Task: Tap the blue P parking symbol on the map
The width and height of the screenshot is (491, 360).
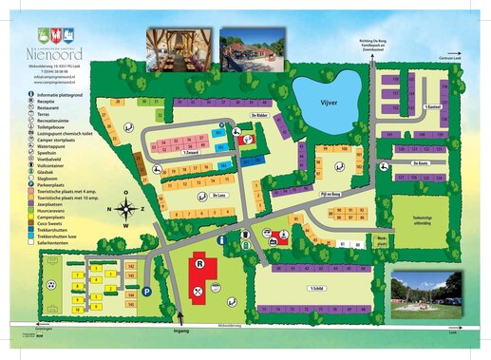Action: click(147, 291)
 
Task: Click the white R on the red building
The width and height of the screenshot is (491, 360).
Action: click(200, 263)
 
